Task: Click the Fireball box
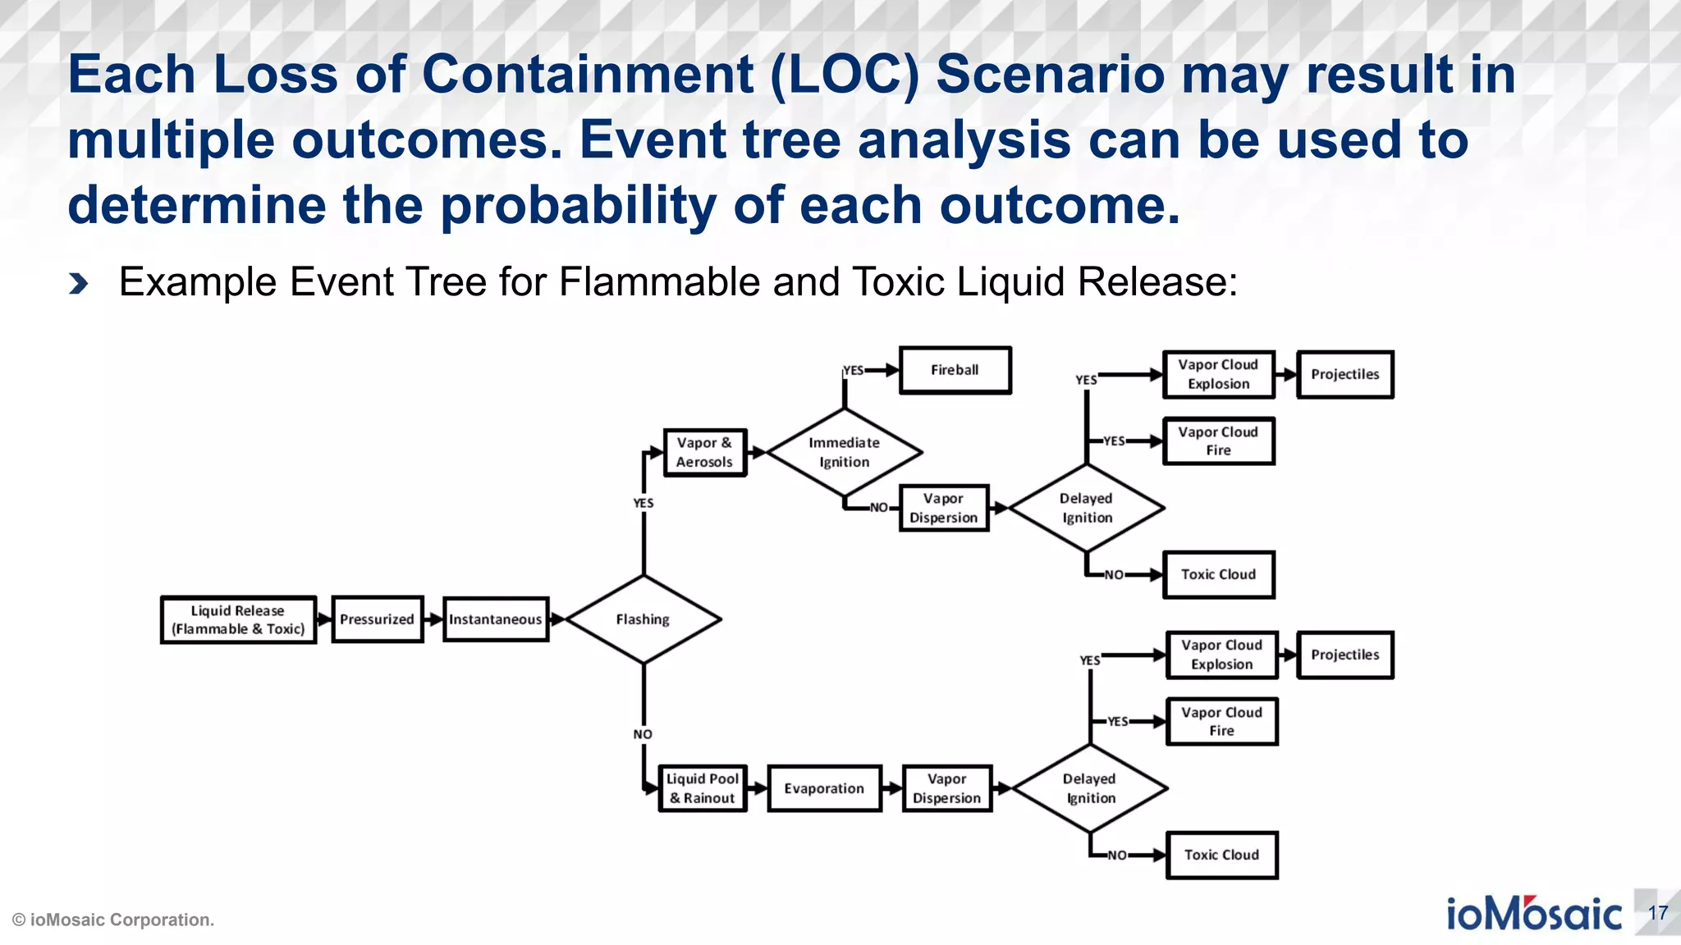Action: click(955, 371)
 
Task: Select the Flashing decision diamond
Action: click(643, 619)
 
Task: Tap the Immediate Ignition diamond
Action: click(844, 452)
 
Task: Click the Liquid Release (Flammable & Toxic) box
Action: click(238, 620)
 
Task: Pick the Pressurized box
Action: click(377, 619)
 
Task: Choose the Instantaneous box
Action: click(495, 619)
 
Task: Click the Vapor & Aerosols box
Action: click(704, 452)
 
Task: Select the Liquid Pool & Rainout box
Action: click(703, 788)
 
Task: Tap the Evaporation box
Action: click(824, 788)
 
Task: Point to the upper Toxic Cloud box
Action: click(1218, 574)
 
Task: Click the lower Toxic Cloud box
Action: click(1221, 855)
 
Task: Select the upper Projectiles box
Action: click(1344, 374)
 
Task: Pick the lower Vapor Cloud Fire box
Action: click(1221, 722)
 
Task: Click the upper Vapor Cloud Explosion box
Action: click(1218, 374)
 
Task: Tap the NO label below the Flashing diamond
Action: click(643, 734)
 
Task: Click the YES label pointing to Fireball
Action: click(854, 371)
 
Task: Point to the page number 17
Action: click(1657, 913)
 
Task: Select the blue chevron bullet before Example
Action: click(79, 284)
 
